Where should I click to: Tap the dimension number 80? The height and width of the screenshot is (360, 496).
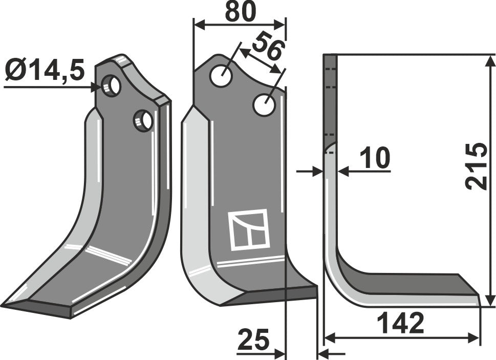point(240,12)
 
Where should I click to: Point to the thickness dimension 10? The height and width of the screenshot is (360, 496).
point(375,159)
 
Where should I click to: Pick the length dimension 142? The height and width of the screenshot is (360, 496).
point(400,323)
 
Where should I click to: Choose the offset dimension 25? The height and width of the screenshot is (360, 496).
point(253,340)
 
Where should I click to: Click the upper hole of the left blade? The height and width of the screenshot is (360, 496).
point(112,85)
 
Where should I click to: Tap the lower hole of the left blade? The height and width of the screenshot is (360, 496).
point(143,120)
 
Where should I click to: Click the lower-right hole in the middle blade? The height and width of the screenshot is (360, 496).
point(265,104)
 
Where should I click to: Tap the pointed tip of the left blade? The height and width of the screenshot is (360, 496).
point(4,306)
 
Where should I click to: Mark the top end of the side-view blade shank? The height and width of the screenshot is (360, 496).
point(330,55)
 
